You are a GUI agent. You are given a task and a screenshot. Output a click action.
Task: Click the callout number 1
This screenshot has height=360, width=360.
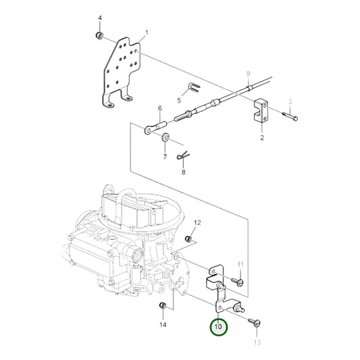(x=147, y=32)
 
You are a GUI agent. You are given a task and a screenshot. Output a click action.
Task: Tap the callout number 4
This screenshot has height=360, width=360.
(x=100, y=18)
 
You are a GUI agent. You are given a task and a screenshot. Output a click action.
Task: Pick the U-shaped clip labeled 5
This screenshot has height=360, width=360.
(x=193, y=88)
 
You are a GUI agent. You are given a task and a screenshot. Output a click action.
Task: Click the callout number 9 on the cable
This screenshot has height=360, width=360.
(x=248, y=73)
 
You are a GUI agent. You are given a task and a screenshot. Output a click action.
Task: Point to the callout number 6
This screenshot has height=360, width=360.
(x=160, y=108)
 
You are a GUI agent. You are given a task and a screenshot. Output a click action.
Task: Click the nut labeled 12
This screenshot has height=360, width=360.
(x=190, y=240)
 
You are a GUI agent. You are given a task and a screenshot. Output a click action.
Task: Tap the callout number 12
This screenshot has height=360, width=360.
(x=197, y=222)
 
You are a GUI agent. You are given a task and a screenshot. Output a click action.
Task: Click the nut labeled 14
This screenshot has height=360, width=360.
(x=162, y=309)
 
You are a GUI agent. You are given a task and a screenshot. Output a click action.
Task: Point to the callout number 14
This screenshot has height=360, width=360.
(x=162, y=326)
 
